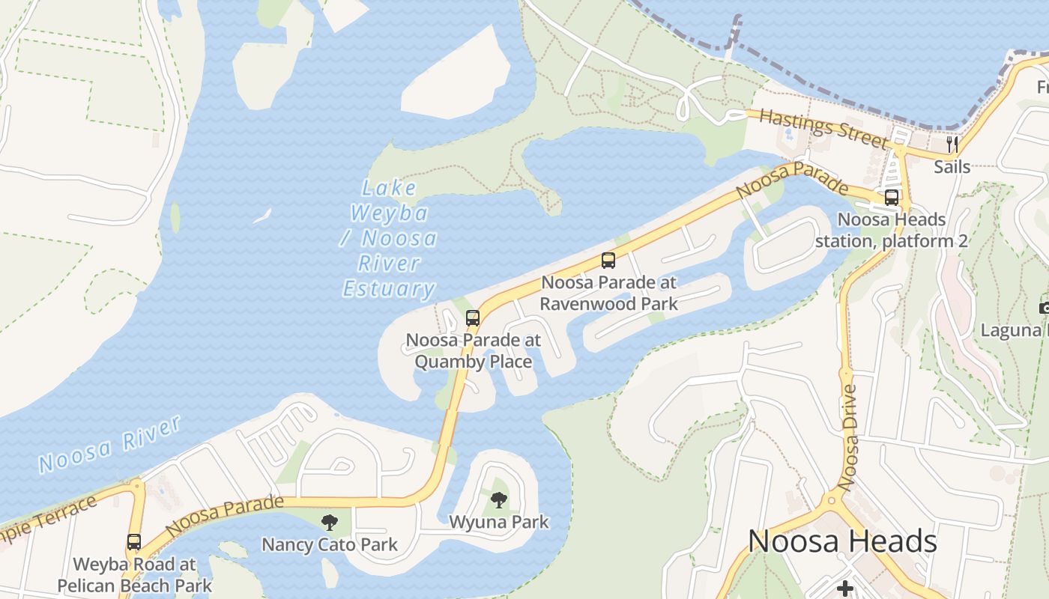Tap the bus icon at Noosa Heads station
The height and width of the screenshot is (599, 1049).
click(x=892, y=198)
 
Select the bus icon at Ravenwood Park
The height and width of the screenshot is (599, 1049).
click(x=608, y=261)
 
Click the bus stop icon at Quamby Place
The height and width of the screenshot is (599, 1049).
click(x=473, y=317)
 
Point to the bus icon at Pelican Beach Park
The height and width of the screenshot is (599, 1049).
click(x=134, y=541)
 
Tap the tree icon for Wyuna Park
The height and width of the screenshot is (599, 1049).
click(x=498, y=499)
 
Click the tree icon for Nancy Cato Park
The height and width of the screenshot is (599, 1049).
click(x=329, y=522)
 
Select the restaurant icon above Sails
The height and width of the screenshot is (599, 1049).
click(x=952, y=144)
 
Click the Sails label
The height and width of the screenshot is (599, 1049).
click(x=952, y=166)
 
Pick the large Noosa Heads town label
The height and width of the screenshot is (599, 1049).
click(x=842, y=541)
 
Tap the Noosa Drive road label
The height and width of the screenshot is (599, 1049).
click(x=850, y=437)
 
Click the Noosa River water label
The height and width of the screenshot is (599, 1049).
click(x=110, y=445)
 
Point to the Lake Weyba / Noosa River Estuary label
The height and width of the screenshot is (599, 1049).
click(x=390, y=239)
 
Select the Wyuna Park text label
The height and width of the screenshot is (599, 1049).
click(x=498, y=522)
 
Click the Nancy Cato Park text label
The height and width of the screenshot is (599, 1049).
click(x=329, y=544)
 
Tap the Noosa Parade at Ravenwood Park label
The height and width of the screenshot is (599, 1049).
click(x=608, y=293)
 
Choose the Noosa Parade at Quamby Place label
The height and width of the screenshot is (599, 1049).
click(x=473, y=350)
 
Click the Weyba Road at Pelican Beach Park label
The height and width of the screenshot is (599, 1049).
click(x=134, y=574)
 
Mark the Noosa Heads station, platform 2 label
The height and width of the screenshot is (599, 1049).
click(x=892, y=231)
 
